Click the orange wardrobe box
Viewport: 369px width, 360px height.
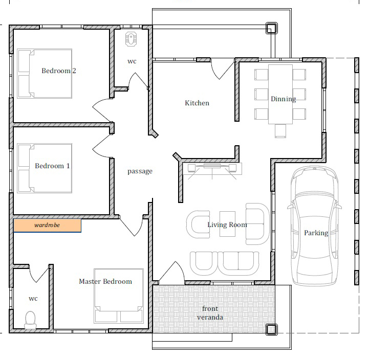coord(47,226)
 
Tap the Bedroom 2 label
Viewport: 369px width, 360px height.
coord(59,71)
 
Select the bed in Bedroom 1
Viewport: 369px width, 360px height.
coord(45,168)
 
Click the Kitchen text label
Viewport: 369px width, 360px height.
coord(197,103)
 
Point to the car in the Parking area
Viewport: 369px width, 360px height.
coord(314,226)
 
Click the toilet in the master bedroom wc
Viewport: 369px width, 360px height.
coord(31,320)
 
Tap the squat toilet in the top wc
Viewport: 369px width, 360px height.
coord(132,39)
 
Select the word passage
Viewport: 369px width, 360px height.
coord(140,171)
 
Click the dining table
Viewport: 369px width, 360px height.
coord(280,94)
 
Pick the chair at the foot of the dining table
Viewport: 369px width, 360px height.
coord(280,131)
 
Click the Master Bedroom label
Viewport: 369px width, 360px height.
coord(105,281)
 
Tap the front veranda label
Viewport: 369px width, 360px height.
coord(210,313)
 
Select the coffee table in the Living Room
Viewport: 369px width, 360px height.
coord(227,224)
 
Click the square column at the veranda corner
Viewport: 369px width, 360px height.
coord(272,329)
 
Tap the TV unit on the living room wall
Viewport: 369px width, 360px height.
coord(212,169)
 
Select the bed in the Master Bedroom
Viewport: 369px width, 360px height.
coord(119,296)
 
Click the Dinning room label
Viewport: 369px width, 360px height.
coord(284,99)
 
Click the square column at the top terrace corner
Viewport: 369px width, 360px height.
coord(272,28)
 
